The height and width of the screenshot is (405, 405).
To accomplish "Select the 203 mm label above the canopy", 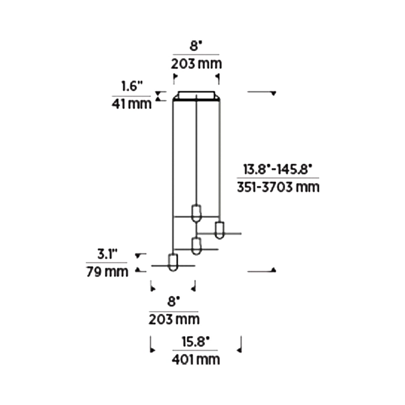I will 196,64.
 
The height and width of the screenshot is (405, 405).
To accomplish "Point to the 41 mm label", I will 131,104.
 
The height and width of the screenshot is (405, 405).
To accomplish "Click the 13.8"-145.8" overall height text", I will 277,170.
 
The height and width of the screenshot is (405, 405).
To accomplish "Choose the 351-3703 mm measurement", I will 278,187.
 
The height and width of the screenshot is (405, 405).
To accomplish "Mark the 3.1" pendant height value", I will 107,254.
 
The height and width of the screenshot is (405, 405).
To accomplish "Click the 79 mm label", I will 107,272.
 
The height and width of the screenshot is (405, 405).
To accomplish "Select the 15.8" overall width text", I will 195,342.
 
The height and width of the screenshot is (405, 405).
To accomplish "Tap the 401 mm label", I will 196,360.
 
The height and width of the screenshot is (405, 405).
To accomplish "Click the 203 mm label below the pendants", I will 174,320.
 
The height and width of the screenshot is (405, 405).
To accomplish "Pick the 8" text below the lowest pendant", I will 173,302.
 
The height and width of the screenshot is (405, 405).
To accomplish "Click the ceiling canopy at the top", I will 196,95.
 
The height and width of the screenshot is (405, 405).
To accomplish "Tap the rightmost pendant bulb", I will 219,230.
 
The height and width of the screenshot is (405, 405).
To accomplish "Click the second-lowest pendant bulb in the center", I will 196,246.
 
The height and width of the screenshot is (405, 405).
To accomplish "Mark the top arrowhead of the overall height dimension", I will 273,93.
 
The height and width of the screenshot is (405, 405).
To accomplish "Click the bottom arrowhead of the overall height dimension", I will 274,270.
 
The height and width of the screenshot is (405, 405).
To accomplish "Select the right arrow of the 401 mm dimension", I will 239,350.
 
